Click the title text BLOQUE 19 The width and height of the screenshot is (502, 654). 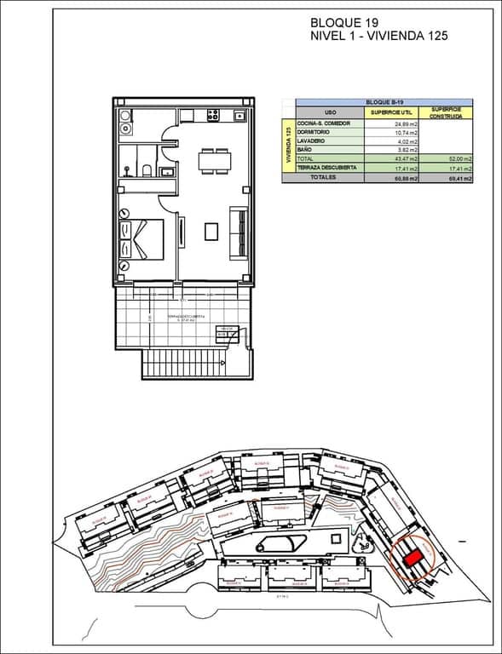(345, 23)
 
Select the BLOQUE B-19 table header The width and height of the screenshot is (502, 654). (384, 101)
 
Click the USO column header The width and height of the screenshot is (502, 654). (331, 112)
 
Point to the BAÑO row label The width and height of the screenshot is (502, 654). (305, 150)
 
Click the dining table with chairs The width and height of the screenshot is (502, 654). (214, 161)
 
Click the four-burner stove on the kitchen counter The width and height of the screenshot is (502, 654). (212, 114)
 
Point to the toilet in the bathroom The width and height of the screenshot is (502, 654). (147, 172)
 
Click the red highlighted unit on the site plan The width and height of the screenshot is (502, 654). (413, 558)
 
